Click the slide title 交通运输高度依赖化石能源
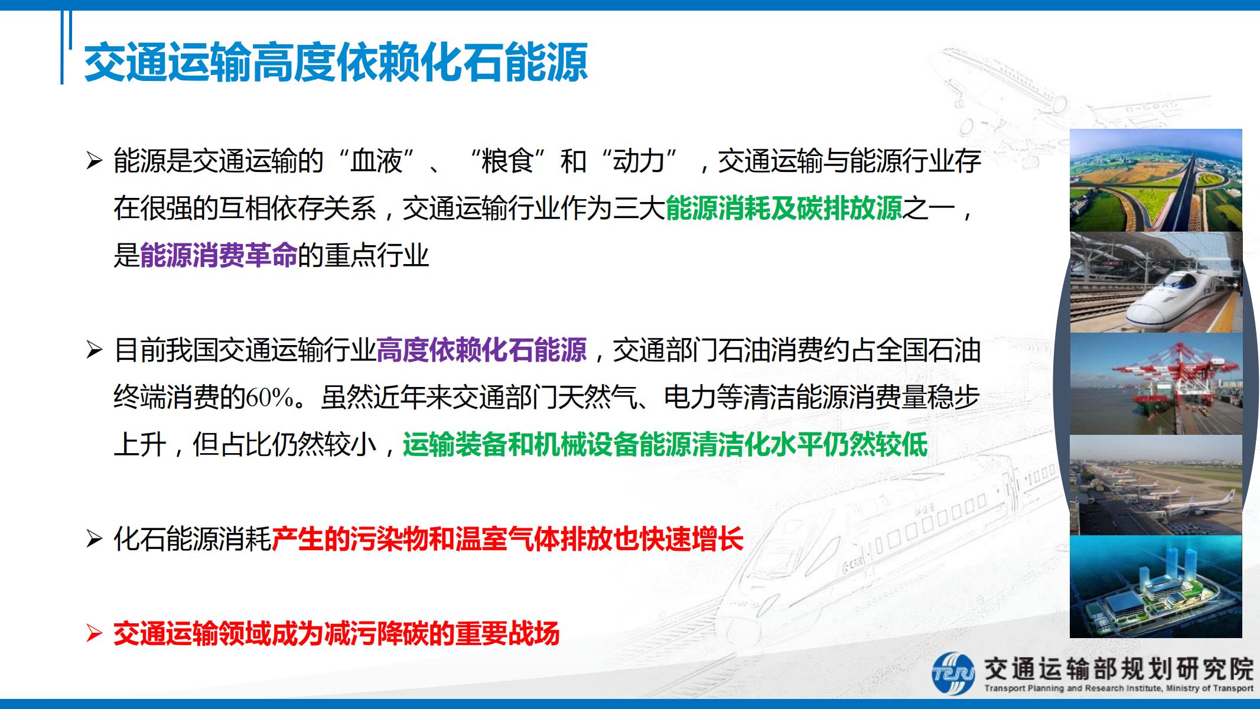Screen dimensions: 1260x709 point(336,62)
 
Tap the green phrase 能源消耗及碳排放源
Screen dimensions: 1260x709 point(784,208)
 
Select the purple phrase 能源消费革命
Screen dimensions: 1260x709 point(219,255)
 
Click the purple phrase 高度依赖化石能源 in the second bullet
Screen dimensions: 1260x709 point(481,350)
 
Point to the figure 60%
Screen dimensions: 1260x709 point(270,398)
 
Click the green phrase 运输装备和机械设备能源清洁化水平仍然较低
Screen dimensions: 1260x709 point(665,444)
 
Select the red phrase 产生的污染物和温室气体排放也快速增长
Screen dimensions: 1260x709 point(507,539)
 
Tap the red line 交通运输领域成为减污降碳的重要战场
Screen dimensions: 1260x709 point(336,634)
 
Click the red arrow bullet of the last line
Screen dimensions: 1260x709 point(95,634)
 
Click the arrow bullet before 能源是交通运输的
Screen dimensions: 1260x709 point(95,161)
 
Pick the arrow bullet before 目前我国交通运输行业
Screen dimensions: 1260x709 point(95,350)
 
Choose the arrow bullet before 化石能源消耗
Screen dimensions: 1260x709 point(95,539)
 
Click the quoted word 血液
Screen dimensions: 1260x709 point(376,161)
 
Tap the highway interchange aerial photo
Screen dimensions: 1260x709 point(1156,180)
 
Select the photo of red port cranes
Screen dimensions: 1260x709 point(1156,384)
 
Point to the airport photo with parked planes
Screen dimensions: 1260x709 point(1156,486)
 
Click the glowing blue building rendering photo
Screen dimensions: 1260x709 point(1156,587)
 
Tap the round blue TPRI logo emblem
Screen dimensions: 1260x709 point(953,673)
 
